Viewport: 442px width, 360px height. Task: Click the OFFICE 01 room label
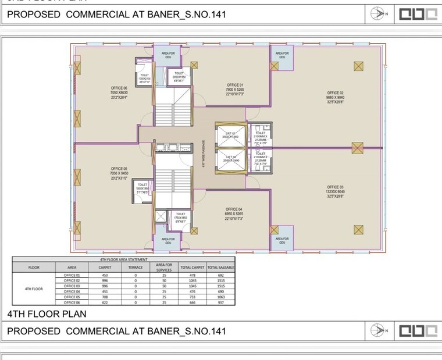235,85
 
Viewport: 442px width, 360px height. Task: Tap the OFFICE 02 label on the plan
335,92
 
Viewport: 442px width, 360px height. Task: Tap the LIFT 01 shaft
230,136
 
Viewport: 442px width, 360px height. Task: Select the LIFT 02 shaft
230,160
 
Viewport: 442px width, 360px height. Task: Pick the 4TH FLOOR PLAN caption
47,314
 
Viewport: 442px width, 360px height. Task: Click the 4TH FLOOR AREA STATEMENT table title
124,259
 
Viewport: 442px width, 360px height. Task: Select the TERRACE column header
136,268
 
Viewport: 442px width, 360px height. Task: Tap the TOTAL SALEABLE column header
220,268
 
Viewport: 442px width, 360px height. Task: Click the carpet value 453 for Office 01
105,275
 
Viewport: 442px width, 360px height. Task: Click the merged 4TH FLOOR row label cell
34,288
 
